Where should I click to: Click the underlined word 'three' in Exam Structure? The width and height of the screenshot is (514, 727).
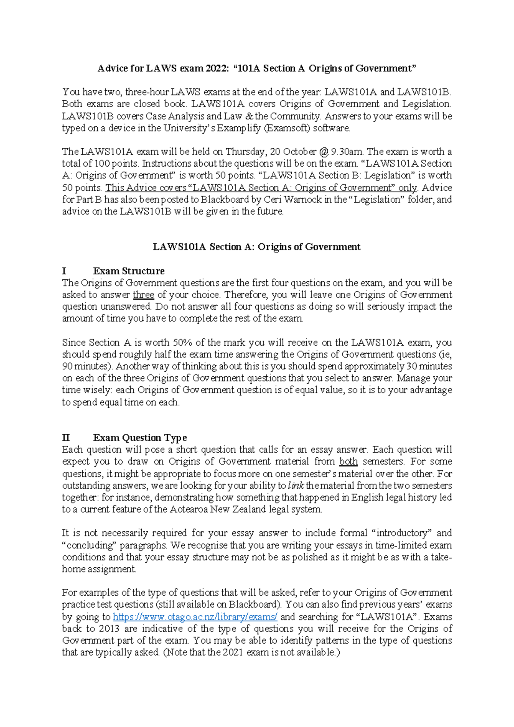(143, 295)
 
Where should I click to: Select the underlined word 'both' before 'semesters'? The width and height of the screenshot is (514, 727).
(348, 462)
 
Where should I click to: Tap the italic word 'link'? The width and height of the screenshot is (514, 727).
(296, 486)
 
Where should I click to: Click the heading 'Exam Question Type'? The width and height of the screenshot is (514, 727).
(140, 438)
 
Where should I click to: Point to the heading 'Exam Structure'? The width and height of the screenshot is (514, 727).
(128, 271)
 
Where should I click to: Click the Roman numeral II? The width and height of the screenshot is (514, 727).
(66, 438)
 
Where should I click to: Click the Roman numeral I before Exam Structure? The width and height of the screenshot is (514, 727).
(64, 271)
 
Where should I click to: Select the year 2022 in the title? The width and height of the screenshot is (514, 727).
(215, 68)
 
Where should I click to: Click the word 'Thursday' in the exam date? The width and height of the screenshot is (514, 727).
(245, 152)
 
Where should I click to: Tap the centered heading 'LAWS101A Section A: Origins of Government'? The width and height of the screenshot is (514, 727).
(257, 247)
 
